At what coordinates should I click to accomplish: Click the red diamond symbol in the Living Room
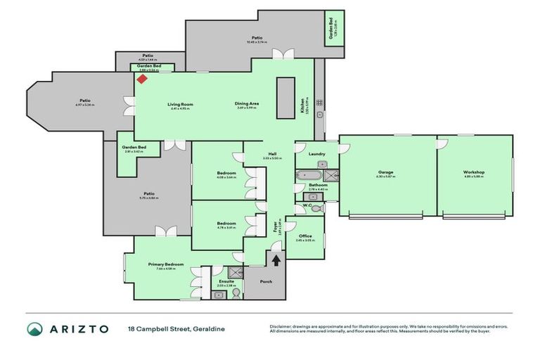pos(141,79)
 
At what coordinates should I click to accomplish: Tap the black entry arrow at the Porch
pos(276,260)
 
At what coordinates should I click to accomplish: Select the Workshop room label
pos(474,172)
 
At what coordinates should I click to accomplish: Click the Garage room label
pos(385,172)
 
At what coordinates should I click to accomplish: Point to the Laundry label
pos(316,153)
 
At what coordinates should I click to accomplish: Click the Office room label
pos(304,236)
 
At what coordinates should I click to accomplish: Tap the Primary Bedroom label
pos(161,264)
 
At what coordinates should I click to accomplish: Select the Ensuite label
pos(226,281)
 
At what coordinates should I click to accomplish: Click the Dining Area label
pos(247,104)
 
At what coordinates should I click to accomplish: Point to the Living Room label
pos(181,104)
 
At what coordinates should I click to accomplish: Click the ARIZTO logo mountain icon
pos(35,328)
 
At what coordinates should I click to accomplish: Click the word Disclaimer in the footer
pos(281,326)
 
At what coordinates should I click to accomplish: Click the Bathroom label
pos(318,186)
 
